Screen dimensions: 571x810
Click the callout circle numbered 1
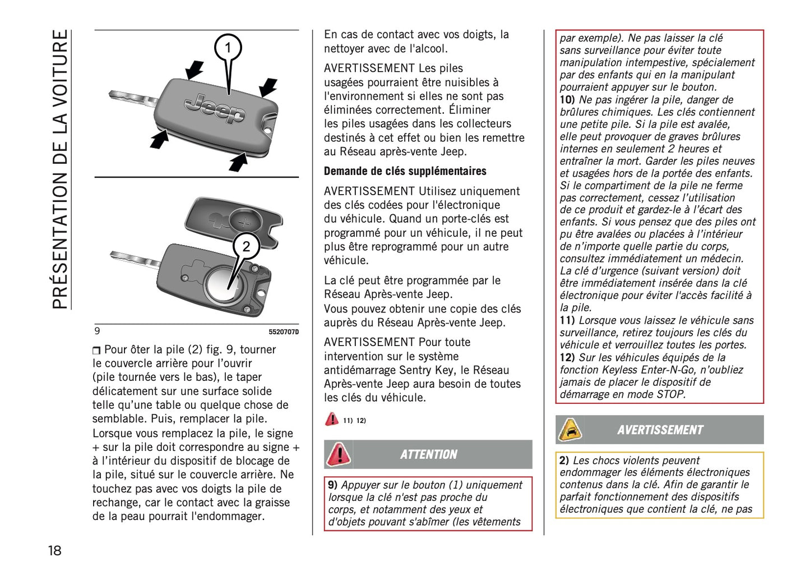228,48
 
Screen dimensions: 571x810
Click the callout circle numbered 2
246,246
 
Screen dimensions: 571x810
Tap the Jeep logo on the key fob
215,108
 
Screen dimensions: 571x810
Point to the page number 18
54,550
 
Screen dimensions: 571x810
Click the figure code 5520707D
283,332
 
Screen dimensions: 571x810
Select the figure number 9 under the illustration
98,331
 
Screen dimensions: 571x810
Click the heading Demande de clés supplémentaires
405,171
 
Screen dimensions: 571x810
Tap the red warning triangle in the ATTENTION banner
339,454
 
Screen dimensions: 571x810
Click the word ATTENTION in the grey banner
428,454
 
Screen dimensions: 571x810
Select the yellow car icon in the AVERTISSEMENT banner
570,430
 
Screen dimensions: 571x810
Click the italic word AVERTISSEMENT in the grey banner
660,430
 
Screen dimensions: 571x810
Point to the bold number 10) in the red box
567,100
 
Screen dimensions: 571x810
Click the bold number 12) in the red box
567,357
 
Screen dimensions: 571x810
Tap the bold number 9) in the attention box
332,485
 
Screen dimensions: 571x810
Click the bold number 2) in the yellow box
564,461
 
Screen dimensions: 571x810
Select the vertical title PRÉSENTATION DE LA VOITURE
60,168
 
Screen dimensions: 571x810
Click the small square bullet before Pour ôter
96,351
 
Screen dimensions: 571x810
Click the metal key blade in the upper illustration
132,99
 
